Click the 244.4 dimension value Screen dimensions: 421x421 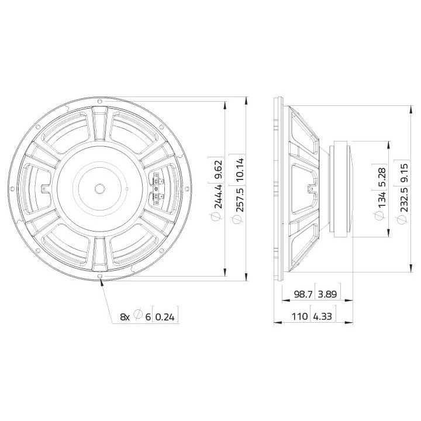click(x=218, y=195)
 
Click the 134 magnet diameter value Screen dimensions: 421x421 click(x=381, y=201)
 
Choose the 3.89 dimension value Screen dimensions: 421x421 click(x=326, y=294)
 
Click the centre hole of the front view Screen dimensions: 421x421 click(x=100, y=188)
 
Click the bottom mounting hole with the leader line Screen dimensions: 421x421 click(x=101, y=277)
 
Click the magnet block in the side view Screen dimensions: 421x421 click(x=341, y=188)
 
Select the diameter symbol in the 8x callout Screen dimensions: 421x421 click(x=137, y=316)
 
